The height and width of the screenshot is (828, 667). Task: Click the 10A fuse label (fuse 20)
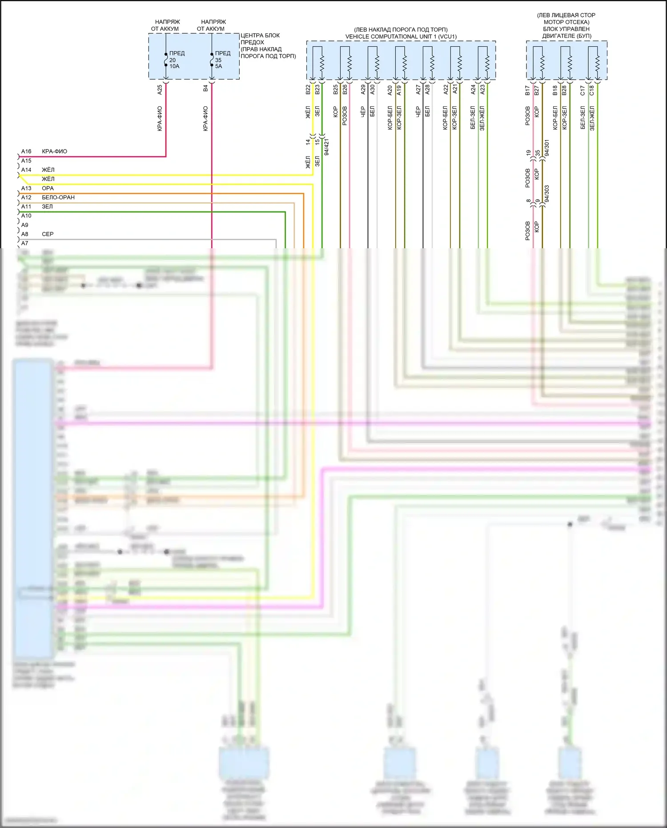pyautogui.click(x=174, y=66)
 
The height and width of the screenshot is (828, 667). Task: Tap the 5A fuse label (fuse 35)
pyautogui.click(x=219, y=66)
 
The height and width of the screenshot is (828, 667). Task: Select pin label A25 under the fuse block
pyautogui.click(x=160, y=90)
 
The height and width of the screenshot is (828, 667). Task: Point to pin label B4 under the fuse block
pyautogui.click(x=205, y=89)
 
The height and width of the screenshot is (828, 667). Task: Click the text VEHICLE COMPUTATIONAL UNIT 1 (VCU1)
pyautogui.click(x=401, y=36)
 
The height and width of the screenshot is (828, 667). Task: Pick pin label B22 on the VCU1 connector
pyautogui.click(x=308, y=90)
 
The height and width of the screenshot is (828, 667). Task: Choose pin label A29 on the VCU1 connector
pyautogui.click(x=363, y=90)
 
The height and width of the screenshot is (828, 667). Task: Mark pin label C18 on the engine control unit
pyautogui.click(x=592, y=91)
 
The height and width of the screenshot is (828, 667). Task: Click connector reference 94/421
pyautogui.click(x=327, y=146)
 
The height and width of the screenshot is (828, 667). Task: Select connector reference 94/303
pyautogui.click(x=547, y=194)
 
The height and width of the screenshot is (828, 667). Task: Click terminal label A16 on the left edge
pyautogui.click(x=26, y=151)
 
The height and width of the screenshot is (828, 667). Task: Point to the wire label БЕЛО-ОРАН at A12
pyautogui.click(x=58, y=197)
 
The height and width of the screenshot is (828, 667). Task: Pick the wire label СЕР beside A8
pyautogui.click(x=48, y=234)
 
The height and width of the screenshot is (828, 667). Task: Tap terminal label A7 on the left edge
pyautogui.click(x=25, y=243)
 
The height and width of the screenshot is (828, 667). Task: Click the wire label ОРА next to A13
pyautogui.click(x=48, y=188)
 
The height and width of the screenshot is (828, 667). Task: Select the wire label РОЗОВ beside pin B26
pyautogui.click(x=345, y=116)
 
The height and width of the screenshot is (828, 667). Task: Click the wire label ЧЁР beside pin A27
pyautogui.click(x=418, y=112)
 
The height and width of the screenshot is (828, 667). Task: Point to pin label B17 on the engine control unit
pyautogui.click(x=527, y=91)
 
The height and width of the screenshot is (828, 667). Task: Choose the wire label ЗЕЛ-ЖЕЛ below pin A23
pyautogui.click(x=482, y=117)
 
